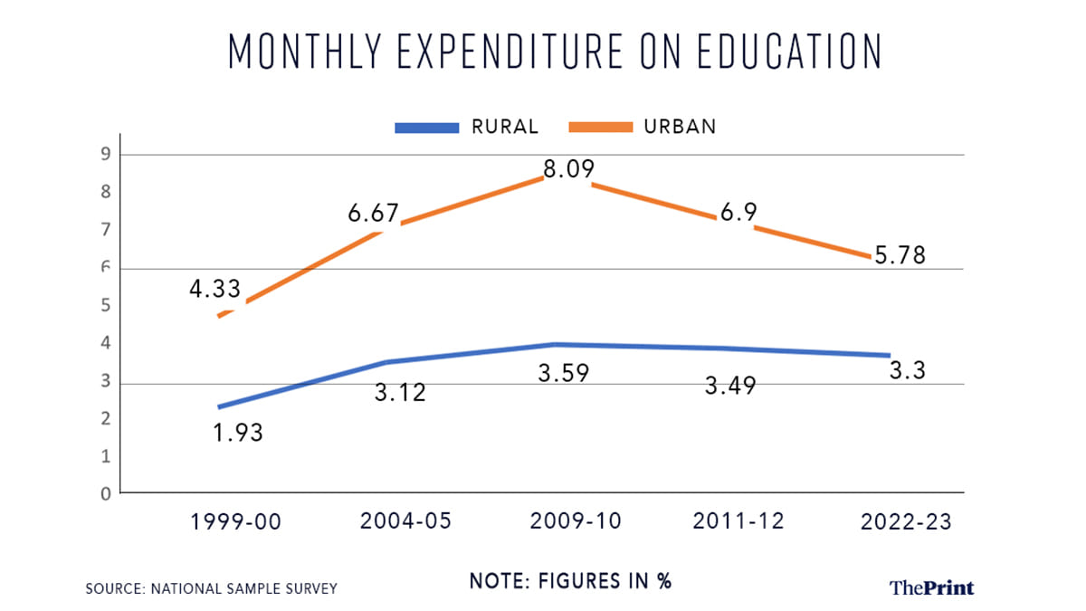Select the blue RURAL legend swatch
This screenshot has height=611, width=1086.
coord(425,128)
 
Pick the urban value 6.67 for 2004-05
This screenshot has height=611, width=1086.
coord(374,214)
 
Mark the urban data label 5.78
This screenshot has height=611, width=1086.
coord(900,255)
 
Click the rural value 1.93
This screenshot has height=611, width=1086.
coord(237,433)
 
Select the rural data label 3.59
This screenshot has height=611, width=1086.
coord(564,372)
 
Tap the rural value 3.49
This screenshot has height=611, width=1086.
coord(729,385)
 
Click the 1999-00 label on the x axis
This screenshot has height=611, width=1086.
coord(236,521)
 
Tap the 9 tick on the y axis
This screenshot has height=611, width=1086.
coord(105,155)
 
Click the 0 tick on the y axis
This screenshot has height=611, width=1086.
coord(105,494)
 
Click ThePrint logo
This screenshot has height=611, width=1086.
coord(931,588)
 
